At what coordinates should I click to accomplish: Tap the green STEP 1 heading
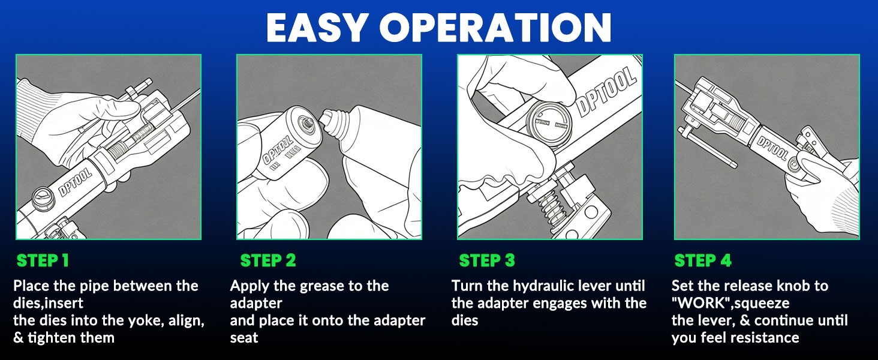point(43,261)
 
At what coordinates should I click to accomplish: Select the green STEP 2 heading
point(268,261)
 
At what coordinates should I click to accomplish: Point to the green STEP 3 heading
point(487,261)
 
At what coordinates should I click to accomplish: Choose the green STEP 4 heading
point(703,261)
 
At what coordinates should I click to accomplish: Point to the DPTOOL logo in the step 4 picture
point(772,148)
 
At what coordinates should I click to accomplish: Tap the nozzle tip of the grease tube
point(326,116)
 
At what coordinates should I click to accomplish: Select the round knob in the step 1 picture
point(43,199)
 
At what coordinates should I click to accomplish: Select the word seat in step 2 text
point(244,338)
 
